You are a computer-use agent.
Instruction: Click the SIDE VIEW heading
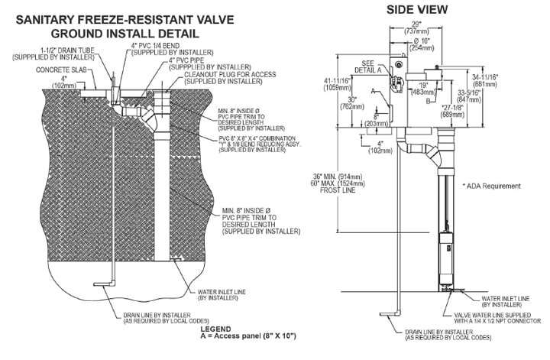(x=416, y=10)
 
